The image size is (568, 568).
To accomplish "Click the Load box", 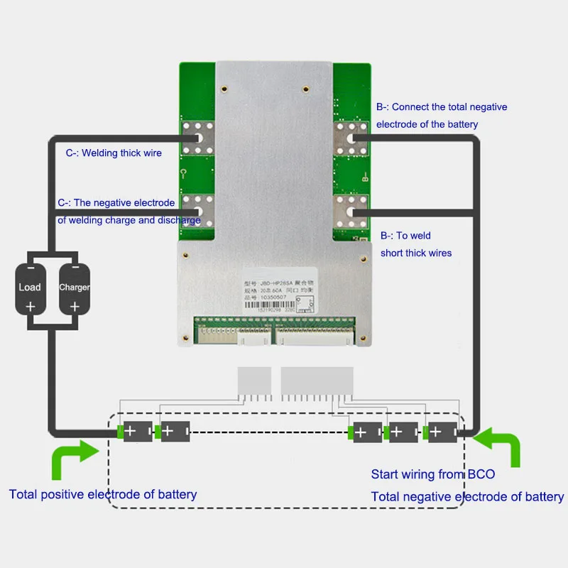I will (31, 288).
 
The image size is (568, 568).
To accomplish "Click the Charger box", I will (74, 288).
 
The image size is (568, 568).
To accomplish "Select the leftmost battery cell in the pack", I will (136, 431).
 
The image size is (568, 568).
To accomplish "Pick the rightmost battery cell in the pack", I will (440, 431).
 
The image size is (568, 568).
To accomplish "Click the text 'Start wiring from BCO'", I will (433, 474).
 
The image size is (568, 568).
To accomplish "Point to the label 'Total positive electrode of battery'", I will (103, 494).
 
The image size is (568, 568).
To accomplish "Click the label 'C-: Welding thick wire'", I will (114, 153).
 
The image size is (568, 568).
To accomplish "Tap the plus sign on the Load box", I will (31, 307).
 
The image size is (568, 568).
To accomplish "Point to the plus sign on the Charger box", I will (74, 307).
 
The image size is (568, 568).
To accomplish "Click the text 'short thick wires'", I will (416, 253).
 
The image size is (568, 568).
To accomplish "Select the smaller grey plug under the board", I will (254, 381).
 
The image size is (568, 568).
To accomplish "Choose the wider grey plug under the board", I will (317, 381).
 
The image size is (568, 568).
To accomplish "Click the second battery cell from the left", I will (173, 431).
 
